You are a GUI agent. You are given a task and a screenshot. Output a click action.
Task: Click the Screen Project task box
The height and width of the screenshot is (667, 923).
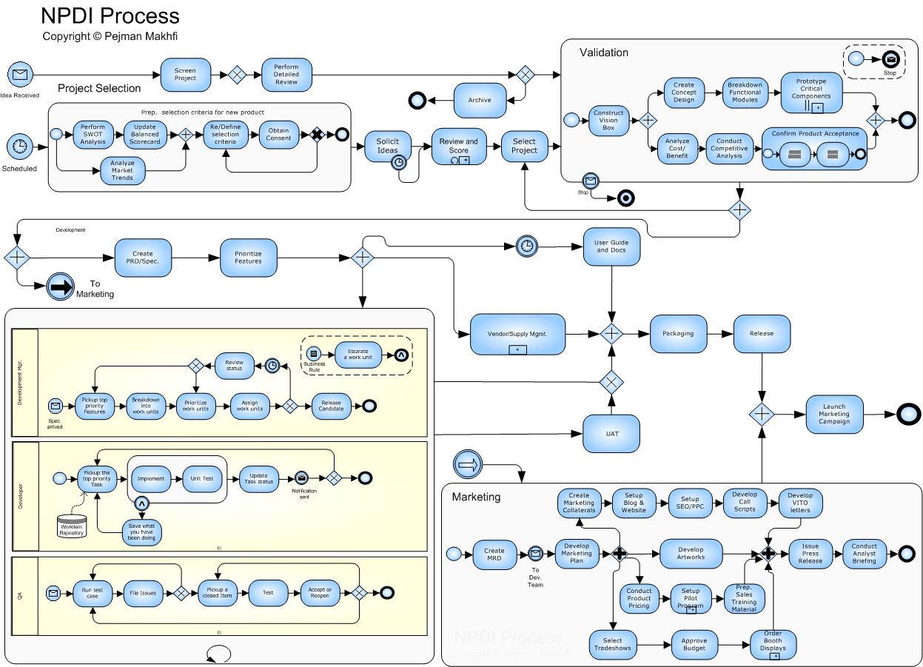pos(186,75)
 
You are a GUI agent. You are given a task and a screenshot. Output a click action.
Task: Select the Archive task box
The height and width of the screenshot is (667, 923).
pos(480,100)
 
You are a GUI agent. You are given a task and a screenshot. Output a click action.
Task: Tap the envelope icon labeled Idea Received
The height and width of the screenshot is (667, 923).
pos(20,75)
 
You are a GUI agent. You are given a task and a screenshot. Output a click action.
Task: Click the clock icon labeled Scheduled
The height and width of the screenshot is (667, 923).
pos(20,147)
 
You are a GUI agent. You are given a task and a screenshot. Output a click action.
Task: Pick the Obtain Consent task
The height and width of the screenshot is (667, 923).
pos(278,135)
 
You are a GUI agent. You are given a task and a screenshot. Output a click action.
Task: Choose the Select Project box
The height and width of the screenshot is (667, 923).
pos(524,146)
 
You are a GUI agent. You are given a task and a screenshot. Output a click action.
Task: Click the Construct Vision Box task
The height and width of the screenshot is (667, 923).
pos(608,120)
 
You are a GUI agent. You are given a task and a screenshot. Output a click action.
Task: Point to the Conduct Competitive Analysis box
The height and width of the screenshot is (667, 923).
pos(729,149)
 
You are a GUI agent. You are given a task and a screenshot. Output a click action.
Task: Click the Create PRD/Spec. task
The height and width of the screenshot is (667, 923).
pos(143,258)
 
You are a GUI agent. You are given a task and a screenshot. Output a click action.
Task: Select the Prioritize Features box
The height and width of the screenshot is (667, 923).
pos(248,258)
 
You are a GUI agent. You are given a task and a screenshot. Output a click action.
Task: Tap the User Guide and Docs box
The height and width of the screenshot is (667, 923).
pos(611,247)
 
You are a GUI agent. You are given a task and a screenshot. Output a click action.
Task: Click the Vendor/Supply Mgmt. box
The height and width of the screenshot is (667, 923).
pos(517,334)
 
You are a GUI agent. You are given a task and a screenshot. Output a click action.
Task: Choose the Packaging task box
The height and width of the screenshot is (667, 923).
pos(678,333)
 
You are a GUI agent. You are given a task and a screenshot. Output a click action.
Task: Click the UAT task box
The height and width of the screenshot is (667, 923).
pos(611,433)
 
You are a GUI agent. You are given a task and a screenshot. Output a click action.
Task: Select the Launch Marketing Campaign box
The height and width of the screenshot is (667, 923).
pos(833,415)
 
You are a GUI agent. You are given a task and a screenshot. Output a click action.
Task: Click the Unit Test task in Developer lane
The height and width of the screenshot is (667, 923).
pos(201,479)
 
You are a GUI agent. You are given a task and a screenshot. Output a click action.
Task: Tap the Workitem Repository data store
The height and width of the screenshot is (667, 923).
pos(72,526)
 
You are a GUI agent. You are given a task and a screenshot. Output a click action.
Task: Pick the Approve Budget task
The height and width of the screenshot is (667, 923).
pos(694,645)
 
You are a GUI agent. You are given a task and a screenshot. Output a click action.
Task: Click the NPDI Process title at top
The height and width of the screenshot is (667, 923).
pos(110,16)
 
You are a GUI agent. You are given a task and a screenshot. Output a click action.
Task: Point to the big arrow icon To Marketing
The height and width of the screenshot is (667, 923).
pos(61,287)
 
